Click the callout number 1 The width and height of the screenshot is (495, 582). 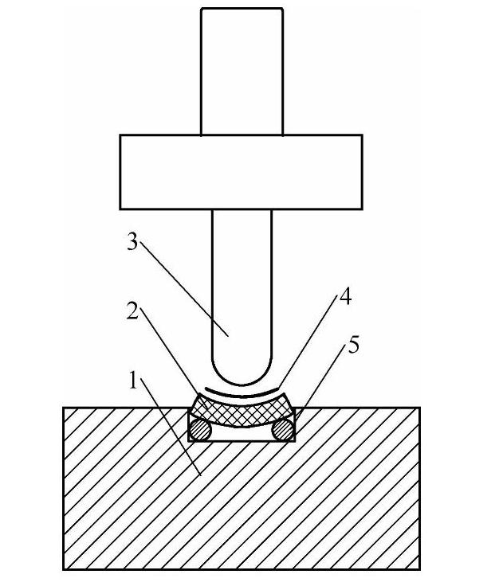[133, 381]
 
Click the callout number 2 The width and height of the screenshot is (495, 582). [133, 311]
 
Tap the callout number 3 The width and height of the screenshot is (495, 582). [133, 242]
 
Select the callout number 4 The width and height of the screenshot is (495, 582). [344, 298]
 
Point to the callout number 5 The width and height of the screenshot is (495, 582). [354, 345]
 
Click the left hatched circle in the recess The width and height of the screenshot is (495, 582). [199, 430]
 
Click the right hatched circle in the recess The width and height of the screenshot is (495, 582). [283, 430]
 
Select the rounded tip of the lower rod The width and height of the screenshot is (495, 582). [242, 374]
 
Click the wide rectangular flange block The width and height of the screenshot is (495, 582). [241, 171]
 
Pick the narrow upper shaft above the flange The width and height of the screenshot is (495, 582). [242, 72]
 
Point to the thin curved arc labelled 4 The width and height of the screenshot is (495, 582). [242, 394]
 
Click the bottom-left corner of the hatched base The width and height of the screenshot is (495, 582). [64, 569]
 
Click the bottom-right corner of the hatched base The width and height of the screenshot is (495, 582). [419, 569]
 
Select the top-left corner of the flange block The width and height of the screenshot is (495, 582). [120, 135]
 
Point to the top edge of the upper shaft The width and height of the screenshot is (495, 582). [242, 9]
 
